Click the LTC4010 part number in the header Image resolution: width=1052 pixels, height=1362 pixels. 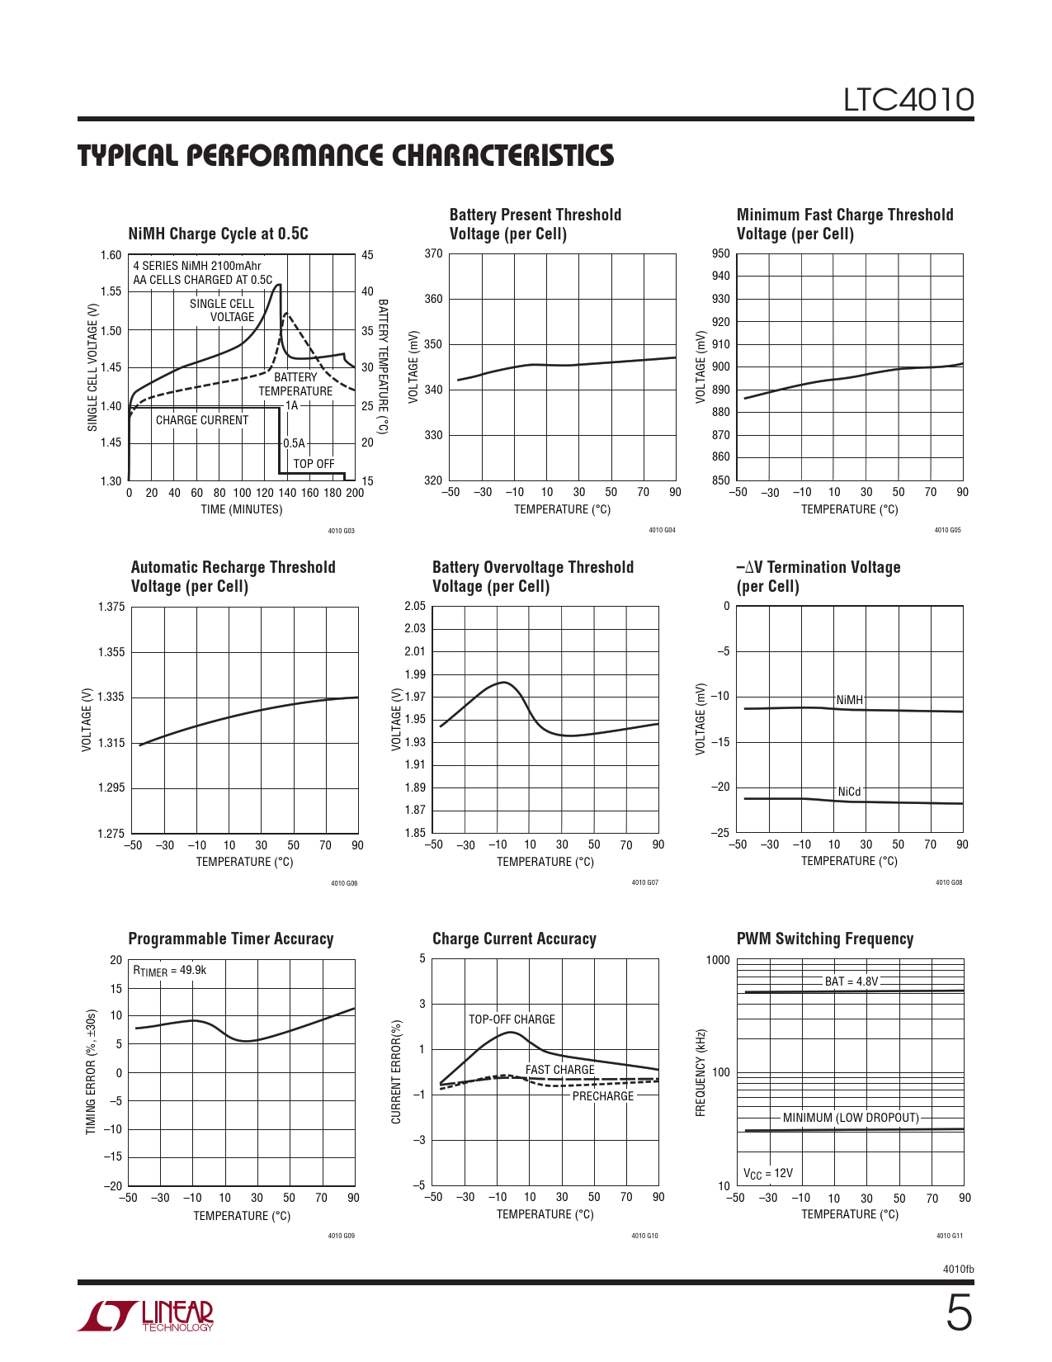point(908,100)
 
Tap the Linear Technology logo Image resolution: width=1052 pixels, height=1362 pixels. point(146,1316)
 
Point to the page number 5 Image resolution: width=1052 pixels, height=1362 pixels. point(958,1313)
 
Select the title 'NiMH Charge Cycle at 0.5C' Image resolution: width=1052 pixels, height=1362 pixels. point(218,234)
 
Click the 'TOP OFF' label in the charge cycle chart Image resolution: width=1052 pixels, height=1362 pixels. point(314,464)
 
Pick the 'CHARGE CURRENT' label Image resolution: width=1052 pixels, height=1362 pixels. point(202,420)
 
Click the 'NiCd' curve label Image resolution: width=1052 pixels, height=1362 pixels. point(849,792)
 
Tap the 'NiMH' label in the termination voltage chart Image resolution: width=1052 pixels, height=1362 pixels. point(849,700)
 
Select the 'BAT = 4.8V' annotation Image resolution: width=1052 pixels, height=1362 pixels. point(852,981)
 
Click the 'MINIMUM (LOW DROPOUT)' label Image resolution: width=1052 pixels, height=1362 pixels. point(851,1118)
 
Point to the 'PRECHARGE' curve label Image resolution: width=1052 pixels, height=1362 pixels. point(603,1096)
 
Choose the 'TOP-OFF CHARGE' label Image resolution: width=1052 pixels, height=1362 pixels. point(512,1019)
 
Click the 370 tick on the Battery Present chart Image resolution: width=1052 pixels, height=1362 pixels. point(433,253)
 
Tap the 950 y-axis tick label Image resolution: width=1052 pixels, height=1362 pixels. point(720,253)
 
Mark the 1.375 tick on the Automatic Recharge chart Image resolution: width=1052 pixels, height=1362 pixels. point(111,607)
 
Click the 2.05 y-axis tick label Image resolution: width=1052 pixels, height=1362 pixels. point(415,606)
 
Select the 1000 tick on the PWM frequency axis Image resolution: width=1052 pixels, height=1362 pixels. point(718,960)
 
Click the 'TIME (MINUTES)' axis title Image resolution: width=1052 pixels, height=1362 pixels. point(241,509)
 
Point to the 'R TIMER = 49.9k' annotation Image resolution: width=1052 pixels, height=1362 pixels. point(170,971)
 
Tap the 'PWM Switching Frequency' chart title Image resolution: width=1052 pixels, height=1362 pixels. point(825,939)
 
